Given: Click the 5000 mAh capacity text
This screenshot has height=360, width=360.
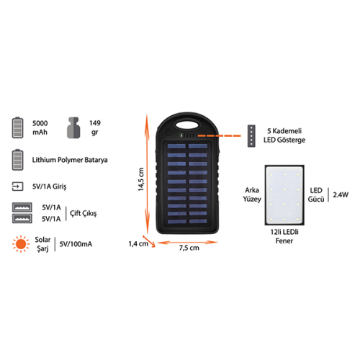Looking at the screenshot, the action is coord(40,127).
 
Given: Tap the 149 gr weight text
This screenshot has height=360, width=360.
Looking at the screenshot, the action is coord(95,127).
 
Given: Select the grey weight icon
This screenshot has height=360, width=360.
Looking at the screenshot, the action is coord(73,127).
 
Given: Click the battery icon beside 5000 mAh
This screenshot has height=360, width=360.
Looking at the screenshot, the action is coord(18,127).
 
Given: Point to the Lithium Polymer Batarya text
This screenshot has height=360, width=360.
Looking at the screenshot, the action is coord(70,160).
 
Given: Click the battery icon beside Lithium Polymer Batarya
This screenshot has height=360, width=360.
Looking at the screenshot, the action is coord(18,160).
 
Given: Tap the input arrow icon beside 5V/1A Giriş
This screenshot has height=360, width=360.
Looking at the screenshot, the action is coord(17,186).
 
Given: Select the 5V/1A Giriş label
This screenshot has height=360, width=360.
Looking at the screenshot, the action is coord(49,186).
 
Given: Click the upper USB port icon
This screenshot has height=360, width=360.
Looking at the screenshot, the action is coord(22,207).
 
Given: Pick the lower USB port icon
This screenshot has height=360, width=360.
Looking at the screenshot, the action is coord(22,218).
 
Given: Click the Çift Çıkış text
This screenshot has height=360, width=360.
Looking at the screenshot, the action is coord(84,213).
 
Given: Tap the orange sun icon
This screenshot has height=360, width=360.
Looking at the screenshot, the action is coord(21,244).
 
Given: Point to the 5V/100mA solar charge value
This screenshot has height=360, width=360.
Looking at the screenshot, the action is coord(76,244).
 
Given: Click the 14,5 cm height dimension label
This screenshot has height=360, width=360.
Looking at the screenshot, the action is coord(141,179).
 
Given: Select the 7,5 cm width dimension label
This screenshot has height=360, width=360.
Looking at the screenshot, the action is coord(189,248).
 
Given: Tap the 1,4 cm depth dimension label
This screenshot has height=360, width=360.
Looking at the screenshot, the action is coord(138,244).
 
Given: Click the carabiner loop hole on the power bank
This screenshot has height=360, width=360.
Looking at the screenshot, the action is coord(188,125).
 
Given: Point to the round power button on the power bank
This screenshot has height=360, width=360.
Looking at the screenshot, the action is coord(168,132).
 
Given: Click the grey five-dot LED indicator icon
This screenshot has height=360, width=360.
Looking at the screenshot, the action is coord(251,136).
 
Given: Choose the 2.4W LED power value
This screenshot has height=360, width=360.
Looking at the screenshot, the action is coord(341,194).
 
